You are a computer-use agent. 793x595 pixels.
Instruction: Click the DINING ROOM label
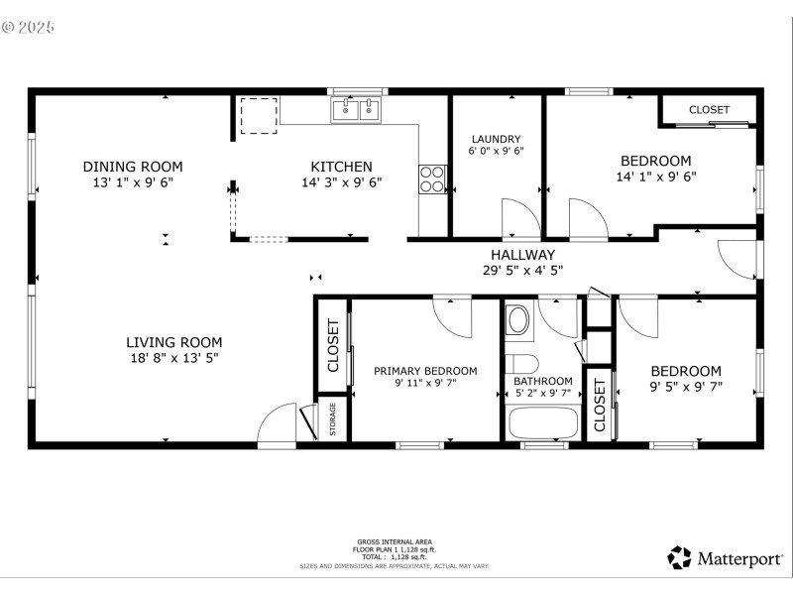pyautogui.click(x=132, y=167)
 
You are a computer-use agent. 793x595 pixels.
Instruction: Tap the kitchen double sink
pyautogui.click(x=357, y=109)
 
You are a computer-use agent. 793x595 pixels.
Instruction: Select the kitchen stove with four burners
pyautogui.click(x=432, y=178)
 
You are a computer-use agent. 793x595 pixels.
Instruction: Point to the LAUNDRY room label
pyautogui.click(x=496, y=139)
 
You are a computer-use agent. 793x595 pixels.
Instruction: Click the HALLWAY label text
pyautogui.click(x=521, y=254)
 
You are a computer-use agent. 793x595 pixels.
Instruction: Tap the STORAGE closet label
pyautogui.click(x=332, y=419)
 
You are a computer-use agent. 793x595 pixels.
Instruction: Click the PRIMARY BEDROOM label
pyautogui.click(x=424, y=371)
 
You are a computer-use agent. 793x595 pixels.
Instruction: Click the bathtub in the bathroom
pyautogui.click(x=542, y=422)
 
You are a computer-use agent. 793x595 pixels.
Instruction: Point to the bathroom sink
pyautogui.click(x=518, y=320)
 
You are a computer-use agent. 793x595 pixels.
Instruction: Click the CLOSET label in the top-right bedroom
pyautogui.click(x=709, y=109)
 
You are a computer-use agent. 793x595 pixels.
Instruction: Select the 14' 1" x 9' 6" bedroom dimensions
pyautogui.click(x=655, y=178)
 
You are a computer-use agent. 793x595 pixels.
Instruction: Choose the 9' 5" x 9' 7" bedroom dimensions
pyautogui.click(x=685, y=387)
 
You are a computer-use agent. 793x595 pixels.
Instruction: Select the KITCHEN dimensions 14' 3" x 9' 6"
pyautogui.click(x=341, y=182)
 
